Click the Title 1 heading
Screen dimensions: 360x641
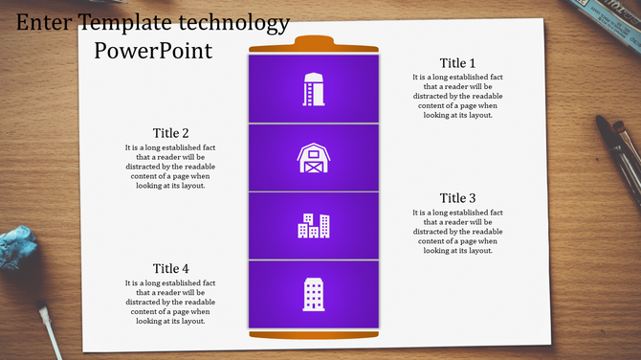457,63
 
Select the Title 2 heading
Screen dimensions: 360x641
170,133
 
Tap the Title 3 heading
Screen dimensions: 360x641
457,198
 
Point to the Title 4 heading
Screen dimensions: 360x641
170,269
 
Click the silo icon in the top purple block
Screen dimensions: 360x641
314,89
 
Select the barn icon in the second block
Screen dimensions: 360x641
314,158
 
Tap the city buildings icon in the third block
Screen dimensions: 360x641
314,226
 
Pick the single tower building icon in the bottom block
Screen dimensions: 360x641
314,294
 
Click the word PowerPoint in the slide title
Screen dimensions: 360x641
153,50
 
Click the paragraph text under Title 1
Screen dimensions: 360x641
457,96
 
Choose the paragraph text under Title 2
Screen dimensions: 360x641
170,167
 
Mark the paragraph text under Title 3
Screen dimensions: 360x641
457,231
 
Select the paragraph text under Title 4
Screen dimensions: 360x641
170,303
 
